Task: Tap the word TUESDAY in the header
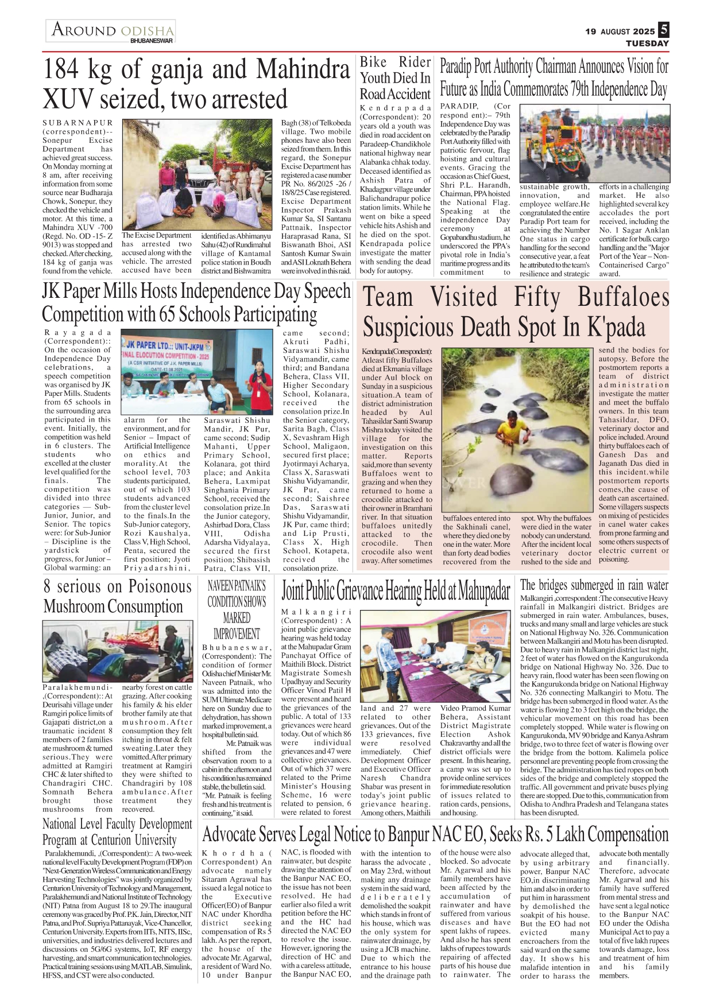point(647,43)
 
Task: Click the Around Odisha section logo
point(111,31)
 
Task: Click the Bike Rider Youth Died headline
point(395,78)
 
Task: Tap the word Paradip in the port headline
point(456,67)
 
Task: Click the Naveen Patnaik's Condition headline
point(237,609)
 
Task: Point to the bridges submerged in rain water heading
point(594,585)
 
